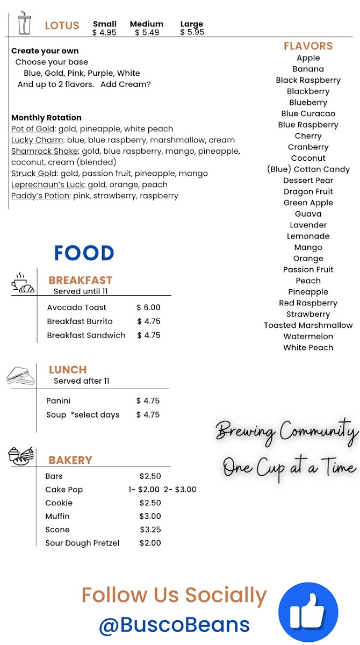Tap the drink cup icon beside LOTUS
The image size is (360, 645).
[x=24, y=23]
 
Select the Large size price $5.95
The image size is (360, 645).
[x=192, y=32]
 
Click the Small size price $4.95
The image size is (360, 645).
[x=104, y=32]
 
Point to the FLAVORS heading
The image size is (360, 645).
[x=308, y=46]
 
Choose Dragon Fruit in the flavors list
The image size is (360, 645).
[x=308, y=191]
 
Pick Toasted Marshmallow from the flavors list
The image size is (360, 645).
[x=308, y=325]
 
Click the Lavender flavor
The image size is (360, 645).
[x=308, y=225]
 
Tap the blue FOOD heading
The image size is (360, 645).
[x=84, y=253]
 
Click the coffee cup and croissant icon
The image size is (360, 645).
[x=23, y=283]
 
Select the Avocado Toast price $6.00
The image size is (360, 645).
[x=148, y=307]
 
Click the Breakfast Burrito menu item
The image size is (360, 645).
[x=80, y=321]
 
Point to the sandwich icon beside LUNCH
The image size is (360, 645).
[x=20, y=376]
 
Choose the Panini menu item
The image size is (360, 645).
[x=59, y=401]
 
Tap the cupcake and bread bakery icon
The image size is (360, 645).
[x=21, y=456]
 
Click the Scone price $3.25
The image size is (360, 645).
[x=150, y=530]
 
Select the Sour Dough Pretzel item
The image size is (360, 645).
[x=82, y=543]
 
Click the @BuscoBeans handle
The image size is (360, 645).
[x=174, y=625]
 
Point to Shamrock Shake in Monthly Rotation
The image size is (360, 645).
[x=45, y=152]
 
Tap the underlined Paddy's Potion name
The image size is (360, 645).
[x=40, y=196]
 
